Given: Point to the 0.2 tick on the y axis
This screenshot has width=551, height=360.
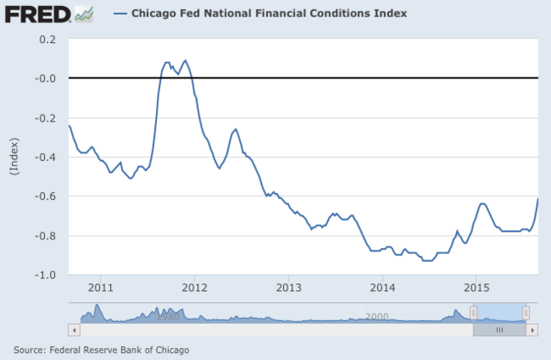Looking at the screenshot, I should click(x=46, y=40).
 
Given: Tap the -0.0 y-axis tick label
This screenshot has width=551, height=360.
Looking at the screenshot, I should click(x=45, y=78).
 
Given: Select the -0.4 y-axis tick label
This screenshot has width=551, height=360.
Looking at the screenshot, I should click(x=45, y=158).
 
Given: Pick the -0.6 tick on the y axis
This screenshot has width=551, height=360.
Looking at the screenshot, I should click(x=45, y=196).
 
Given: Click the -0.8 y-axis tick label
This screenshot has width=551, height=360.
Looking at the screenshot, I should click(x=45, y=236).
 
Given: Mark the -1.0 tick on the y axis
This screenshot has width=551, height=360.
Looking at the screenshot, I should click(x=45, y=275).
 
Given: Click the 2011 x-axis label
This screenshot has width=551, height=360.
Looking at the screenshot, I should click(x=100, y=287).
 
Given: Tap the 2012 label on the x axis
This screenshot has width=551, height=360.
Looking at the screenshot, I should click(x=195, y=287).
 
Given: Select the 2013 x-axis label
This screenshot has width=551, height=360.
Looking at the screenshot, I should click(x=288, y=287).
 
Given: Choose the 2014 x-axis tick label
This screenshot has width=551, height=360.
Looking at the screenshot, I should click(x=382, y=287).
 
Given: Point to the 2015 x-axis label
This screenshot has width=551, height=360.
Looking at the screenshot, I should click(x=477, y=287).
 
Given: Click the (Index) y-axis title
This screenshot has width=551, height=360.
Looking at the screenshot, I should click(x=15, y=158).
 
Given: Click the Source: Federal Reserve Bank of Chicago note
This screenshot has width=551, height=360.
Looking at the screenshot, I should click(x=102, y=349).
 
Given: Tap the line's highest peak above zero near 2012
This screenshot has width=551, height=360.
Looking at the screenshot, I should click(x=185, y=60).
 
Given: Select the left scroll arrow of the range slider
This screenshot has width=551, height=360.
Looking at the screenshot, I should click(x=74, y=328).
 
